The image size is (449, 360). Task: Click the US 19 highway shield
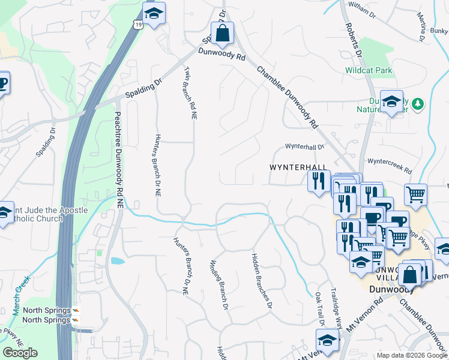pos(139,25)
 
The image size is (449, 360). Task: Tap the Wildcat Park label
pos(369,70)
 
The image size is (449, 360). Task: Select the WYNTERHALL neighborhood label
pos(298,167)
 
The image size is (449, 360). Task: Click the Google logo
pos(20,353)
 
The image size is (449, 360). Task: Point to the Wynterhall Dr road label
pos(304,146)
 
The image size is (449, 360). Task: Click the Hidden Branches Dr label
pos(262,280)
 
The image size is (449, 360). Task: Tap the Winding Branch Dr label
pos(219,285)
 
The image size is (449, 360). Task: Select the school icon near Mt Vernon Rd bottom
pos(327,340)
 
